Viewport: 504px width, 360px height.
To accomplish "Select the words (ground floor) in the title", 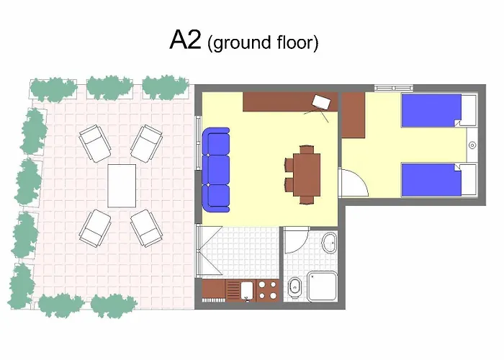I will [x=262, y=42].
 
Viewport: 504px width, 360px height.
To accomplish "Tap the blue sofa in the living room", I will [x=215, y=170].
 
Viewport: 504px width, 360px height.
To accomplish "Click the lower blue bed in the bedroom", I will [x=431, y=179].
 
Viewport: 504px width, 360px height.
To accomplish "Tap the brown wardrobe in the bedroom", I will [x=353, y=114].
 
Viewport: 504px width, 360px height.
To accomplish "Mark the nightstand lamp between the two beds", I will [x=472, y=145].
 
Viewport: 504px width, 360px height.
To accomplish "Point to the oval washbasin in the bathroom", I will [x=328, y=243].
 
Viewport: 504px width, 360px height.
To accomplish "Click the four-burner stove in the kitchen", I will [x=268, y=290].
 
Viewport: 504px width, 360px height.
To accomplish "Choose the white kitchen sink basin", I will [x=246, y=290].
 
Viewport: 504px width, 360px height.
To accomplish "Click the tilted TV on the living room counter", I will [x=321, y=103].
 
